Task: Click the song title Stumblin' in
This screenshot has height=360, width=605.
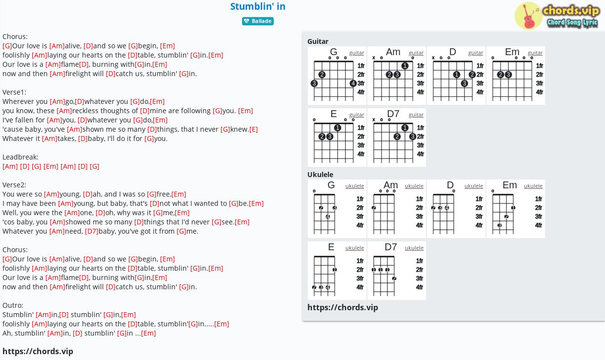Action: (x=258, y=6)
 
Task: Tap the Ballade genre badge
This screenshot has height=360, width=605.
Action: (x=258, y=21)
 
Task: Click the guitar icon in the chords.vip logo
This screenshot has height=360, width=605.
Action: (x=528, y=16)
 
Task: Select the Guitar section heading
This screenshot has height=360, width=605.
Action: (x=318, y=41)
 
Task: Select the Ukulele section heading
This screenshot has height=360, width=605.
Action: (x=321, y=175)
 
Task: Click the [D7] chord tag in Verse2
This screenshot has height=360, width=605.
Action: (x=92, y=231)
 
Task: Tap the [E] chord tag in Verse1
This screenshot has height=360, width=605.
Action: (x=254, y=129)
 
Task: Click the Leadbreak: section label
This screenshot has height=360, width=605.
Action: (x=20, y=157)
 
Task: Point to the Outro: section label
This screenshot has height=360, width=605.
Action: (x=13, y=305)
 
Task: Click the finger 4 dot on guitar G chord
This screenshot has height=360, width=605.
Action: (x=353, y=83)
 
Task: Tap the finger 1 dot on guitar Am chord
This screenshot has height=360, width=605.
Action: (x=404, y=66)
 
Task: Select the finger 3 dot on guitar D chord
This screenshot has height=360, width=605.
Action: (x=464, y=83)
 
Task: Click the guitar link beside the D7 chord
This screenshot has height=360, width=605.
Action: (x=416, y=115)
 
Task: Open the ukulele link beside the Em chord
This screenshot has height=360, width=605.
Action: (x=533, y=186)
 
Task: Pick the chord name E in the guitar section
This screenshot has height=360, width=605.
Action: (x=334, y=114)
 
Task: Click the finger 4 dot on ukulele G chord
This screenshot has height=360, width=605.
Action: (x=328, y=217)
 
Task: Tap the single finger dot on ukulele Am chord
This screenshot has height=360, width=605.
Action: (x=374, y=208)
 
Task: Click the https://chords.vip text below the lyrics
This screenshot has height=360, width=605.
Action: (x=38, y=351)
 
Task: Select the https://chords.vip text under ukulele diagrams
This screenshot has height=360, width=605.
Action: (x=343, y=307)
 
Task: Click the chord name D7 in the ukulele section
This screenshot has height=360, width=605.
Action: (x=390, y=247)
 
